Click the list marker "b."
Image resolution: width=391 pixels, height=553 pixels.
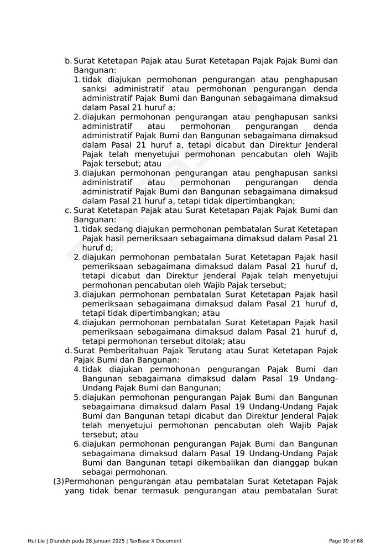tap(68, 61)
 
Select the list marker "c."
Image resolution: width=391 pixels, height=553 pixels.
tap(68, 210)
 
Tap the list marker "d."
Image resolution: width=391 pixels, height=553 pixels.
tap(68, 351)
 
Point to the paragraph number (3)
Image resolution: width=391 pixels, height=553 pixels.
tap(59, 482)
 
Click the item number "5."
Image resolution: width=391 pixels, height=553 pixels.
tap(77, 397)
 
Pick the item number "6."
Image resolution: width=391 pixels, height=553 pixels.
tap(77, 444)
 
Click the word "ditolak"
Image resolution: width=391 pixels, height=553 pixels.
tap(201, 341)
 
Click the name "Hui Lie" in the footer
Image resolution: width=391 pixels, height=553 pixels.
tap(37, 541)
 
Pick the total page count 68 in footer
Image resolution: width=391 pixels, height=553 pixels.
tap(359, 541)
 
